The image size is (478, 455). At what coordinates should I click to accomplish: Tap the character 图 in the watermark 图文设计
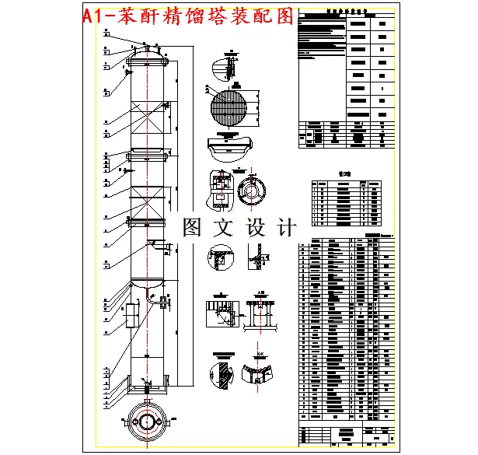192,227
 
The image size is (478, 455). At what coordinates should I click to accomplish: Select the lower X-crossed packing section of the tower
146,204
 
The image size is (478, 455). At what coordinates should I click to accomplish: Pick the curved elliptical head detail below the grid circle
229,146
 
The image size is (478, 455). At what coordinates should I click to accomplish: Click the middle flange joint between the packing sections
146,156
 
